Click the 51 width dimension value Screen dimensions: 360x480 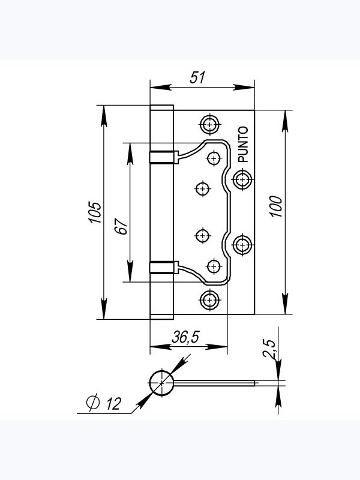[197, 77]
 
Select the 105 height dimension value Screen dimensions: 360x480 [95, 212]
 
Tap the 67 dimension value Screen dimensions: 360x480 [121, 227]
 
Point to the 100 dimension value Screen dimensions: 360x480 [276, 206]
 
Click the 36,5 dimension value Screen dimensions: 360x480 [185, 337]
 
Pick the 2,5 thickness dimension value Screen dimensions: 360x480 [269, 349]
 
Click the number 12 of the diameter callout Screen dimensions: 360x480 [113, 404]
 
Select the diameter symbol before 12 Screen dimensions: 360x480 [93, 402]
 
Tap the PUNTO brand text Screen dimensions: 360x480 [243, 144]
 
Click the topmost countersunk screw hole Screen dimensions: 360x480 [209, 125]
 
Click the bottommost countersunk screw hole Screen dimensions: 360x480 [209, 300]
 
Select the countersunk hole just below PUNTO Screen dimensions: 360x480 [242, 179]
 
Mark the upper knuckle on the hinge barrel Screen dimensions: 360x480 [164, 157]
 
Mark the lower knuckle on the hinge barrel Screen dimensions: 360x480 [164, 267]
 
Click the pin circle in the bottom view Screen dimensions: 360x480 [161, 383]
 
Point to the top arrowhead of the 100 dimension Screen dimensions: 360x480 [285, 121]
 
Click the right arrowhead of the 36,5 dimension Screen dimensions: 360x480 [217, 347]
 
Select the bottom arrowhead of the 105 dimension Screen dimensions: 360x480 [104, 308]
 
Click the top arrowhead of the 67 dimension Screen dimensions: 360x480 [130, 154]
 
